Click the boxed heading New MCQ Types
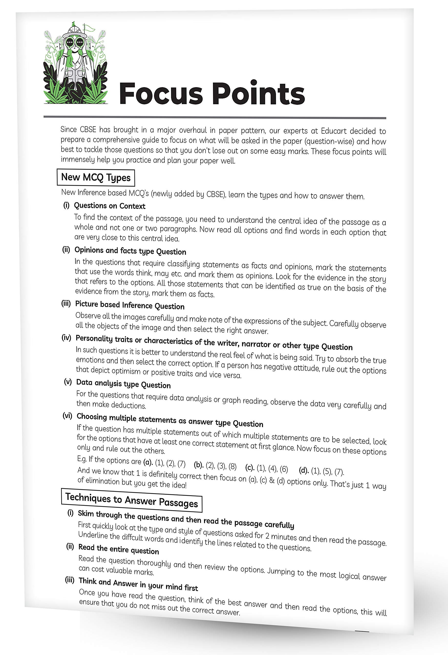pos(95,178)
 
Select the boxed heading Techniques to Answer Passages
pos(131,500)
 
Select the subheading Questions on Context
pos(110,206)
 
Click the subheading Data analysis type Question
pos(123,384)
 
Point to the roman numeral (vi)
pos(67,416)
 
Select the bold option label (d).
pos(304,470)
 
